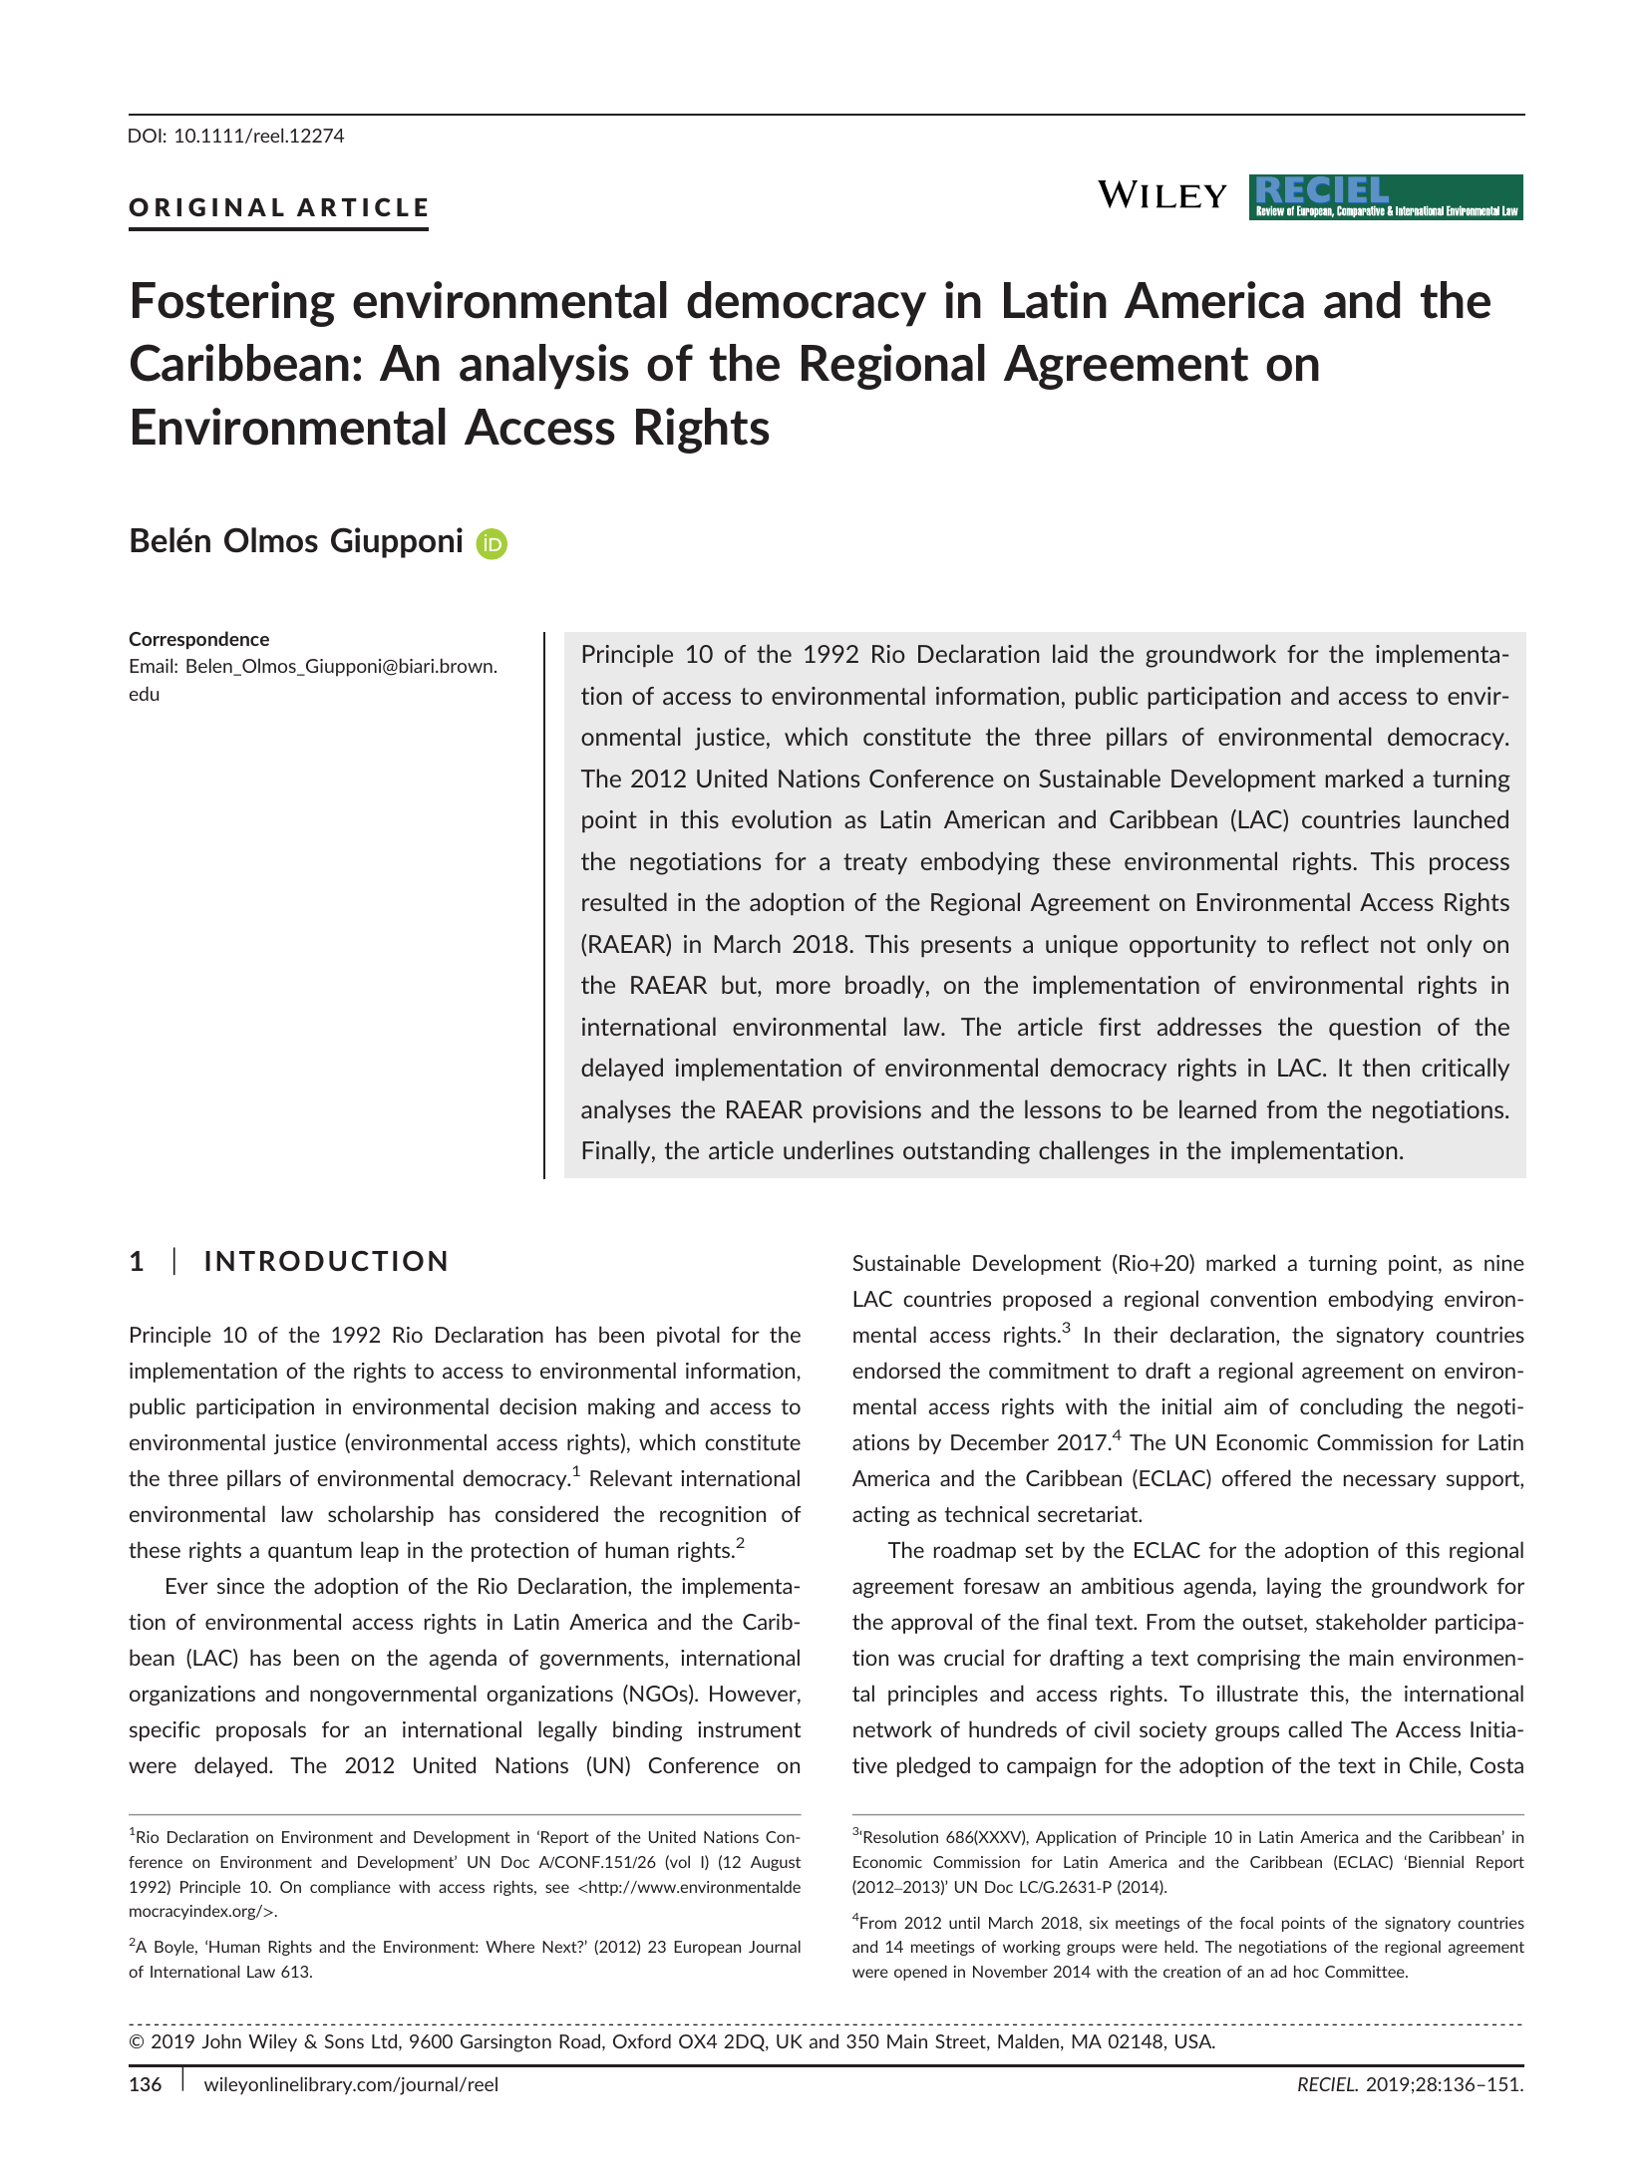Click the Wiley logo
coord(1161,195)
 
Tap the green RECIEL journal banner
coord(1385,196)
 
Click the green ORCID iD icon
coord(492,543)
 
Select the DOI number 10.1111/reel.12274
coord(259,136)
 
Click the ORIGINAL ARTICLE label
coord(278,207)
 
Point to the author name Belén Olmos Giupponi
coord(296,540)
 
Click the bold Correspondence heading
coord(198,639)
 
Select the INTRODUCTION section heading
coord(326,1261)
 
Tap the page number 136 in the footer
coord(146,2084)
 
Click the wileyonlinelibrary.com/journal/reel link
coord(351,2084)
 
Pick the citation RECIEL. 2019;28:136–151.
coord(1410,2084)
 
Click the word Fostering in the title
coord(231,301)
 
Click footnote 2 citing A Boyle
coord(465,1959)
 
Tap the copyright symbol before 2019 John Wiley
coord(138,2041)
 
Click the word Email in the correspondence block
coord(152,666)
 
